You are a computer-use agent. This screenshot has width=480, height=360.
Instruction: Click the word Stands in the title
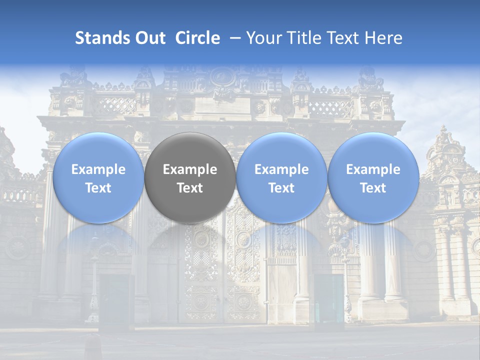point(98,38)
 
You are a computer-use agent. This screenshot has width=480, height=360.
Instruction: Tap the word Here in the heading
point(383,38)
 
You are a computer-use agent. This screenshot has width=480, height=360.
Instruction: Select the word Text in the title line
point(343,38)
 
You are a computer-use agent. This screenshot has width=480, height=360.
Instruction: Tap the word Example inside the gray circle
point(190,169)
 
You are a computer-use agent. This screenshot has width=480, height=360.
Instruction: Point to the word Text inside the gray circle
point(190,188)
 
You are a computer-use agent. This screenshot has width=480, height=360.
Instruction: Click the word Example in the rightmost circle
point(373,169)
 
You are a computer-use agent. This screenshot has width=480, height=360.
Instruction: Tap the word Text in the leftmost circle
point(98,188)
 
